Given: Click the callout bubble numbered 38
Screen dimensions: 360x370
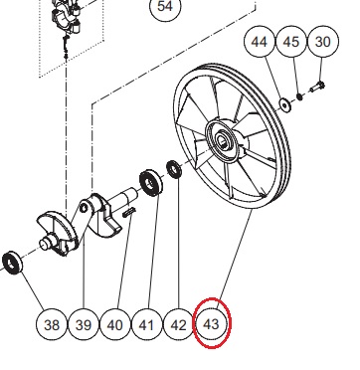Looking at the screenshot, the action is pyautogui.click(x=52, y=324).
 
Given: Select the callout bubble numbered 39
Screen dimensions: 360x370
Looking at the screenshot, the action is pyautogui.click(x=84, y=324).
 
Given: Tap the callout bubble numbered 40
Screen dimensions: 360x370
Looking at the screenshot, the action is pyautogui.click(x=115, y=324).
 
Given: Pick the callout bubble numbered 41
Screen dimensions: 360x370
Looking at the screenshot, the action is pyautogui.click(x=147, y=324).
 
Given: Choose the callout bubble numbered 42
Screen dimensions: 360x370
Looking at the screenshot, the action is pyautogui.click(x=179, y=324).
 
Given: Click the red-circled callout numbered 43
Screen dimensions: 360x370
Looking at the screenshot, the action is pyautogui.click(x=212, y=323).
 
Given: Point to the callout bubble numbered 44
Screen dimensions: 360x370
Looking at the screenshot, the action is pyautogui.click(x=260, y=42).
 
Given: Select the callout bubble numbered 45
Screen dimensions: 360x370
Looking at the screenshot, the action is pyautogui.click(x=291, y=42).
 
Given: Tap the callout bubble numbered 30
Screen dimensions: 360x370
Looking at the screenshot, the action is pyautogui.click(x=323, y=42).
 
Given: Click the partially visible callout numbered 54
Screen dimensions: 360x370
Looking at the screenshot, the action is pyautogui.click(x=165, y=7).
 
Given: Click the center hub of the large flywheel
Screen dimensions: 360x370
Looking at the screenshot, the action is pyautogui.click(x=222, y=140).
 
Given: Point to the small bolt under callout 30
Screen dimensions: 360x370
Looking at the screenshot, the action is pyautogui.click(x=317, y=88).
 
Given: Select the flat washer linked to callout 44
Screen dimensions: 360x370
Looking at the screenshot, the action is pyautogui.click(x=285, y=104).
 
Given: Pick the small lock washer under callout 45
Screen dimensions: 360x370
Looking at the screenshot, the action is pyautogui.click(x=300, y=96).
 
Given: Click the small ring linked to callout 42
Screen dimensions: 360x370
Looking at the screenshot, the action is pyautogui.click(x=174, y=169).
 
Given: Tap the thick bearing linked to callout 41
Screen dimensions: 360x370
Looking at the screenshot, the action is pyautogui.click(x=151, y=183).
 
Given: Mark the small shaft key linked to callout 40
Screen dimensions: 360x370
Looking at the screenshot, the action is pyautogui.click(x=129, y=212).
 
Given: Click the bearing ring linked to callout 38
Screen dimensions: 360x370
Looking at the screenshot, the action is pyautogui.click(x=12, y=263).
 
